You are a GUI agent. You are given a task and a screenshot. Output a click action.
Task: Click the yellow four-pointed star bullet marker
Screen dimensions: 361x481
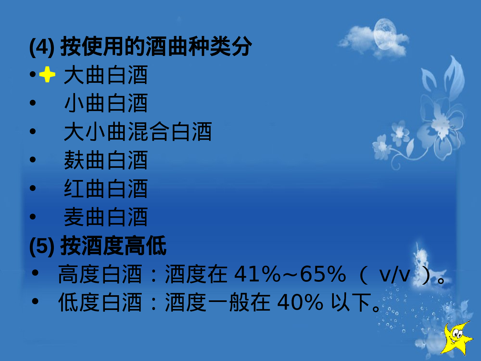(47, 74)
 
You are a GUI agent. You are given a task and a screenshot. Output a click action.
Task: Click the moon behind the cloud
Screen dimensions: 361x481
(385, 33)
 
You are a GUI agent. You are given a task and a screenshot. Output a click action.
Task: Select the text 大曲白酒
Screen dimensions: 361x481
(105, 75)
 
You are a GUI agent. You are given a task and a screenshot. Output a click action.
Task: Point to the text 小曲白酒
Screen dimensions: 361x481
(105, 103)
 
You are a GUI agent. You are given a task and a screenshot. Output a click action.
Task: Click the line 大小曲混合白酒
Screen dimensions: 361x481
(138, 132)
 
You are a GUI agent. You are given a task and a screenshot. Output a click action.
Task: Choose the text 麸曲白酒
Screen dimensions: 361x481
(105, 160)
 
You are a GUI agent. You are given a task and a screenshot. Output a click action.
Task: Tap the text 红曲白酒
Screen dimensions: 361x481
(105, 189)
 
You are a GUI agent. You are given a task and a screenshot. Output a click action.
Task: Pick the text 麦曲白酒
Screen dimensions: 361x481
(105, 217)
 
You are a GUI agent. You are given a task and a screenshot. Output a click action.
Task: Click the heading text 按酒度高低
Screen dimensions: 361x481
(114, 246)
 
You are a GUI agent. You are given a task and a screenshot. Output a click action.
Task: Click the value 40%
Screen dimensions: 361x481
(300, 303)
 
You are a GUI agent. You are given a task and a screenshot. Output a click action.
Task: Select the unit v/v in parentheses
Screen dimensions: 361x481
(394, 275)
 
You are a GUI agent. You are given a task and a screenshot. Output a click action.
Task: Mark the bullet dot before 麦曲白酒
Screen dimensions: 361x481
(33, 217)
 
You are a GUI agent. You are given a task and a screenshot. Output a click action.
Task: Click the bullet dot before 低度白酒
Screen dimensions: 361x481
(35, 301)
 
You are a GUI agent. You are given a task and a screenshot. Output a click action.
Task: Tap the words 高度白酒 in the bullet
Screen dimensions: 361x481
(100, 274)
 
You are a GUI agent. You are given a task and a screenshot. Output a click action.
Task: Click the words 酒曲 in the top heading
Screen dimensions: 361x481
(167, 47)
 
